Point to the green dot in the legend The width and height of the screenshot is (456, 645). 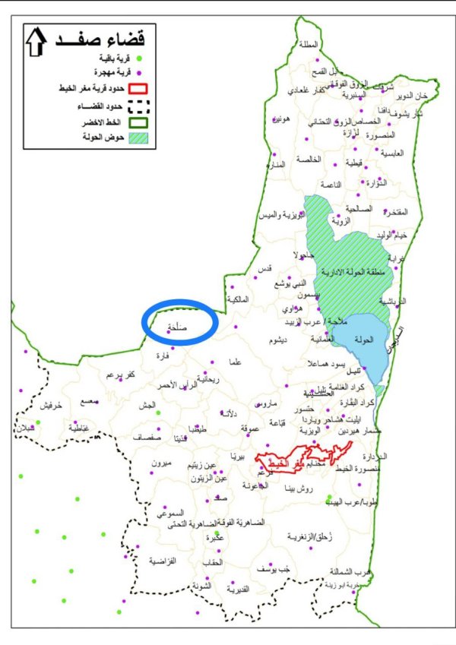point(139,58)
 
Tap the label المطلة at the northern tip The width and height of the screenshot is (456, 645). point(309,44)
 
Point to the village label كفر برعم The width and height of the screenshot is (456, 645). point(121,375)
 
